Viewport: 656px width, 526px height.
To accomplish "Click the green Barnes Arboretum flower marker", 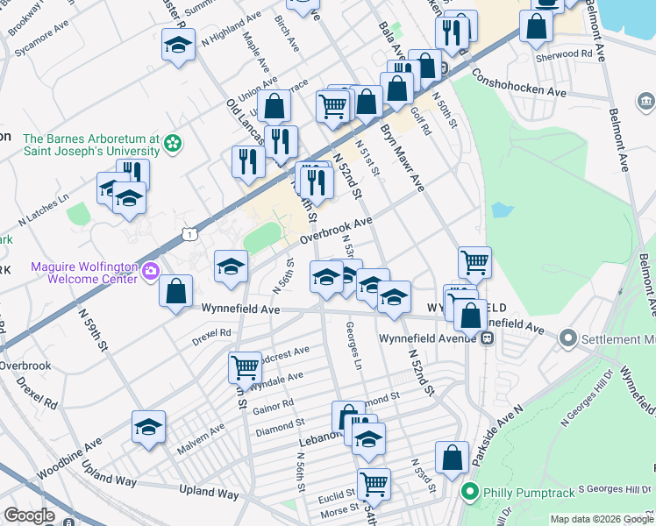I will pos(174,142).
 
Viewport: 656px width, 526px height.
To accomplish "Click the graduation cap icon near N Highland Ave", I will pos(179,44).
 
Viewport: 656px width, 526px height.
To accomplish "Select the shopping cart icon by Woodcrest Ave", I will pos(245,365).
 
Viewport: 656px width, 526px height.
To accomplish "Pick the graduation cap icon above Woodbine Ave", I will pos(149,427).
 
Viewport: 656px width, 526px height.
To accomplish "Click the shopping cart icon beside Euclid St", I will pos(374,482).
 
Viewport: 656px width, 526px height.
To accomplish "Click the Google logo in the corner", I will pos(30,516).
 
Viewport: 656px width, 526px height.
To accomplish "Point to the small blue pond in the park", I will pos(502,210).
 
